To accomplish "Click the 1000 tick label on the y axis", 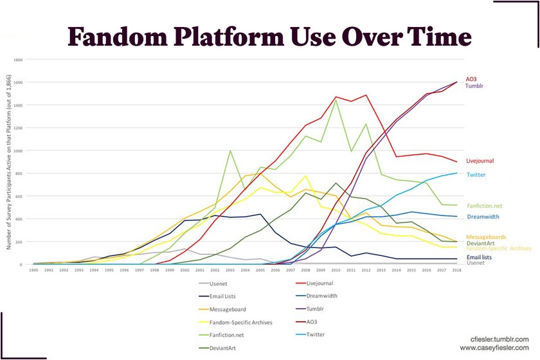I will point(17,150).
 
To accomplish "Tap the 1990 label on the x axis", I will point(34,271).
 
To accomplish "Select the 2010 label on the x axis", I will point(336,271).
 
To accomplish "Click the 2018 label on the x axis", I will point(456,271).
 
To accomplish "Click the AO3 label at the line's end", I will point(471,78).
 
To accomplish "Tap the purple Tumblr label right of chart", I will point(474,85).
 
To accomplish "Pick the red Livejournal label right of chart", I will point(480,161).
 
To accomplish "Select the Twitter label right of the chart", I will point(476,175).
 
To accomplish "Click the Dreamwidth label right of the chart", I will point(483,217).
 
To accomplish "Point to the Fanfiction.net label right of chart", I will point(484,206).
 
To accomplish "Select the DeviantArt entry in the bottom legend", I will point(226,348).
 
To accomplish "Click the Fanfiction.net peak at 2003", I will point(230,151).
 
